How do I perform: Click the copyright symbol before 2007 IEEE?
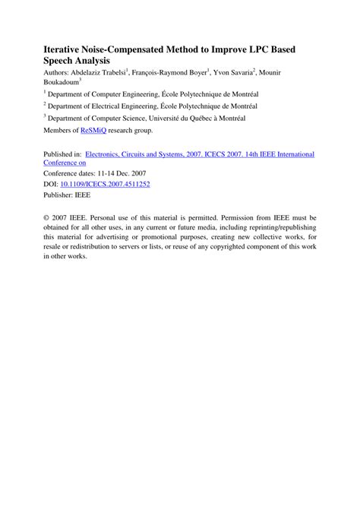click(x=46, y=217)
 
